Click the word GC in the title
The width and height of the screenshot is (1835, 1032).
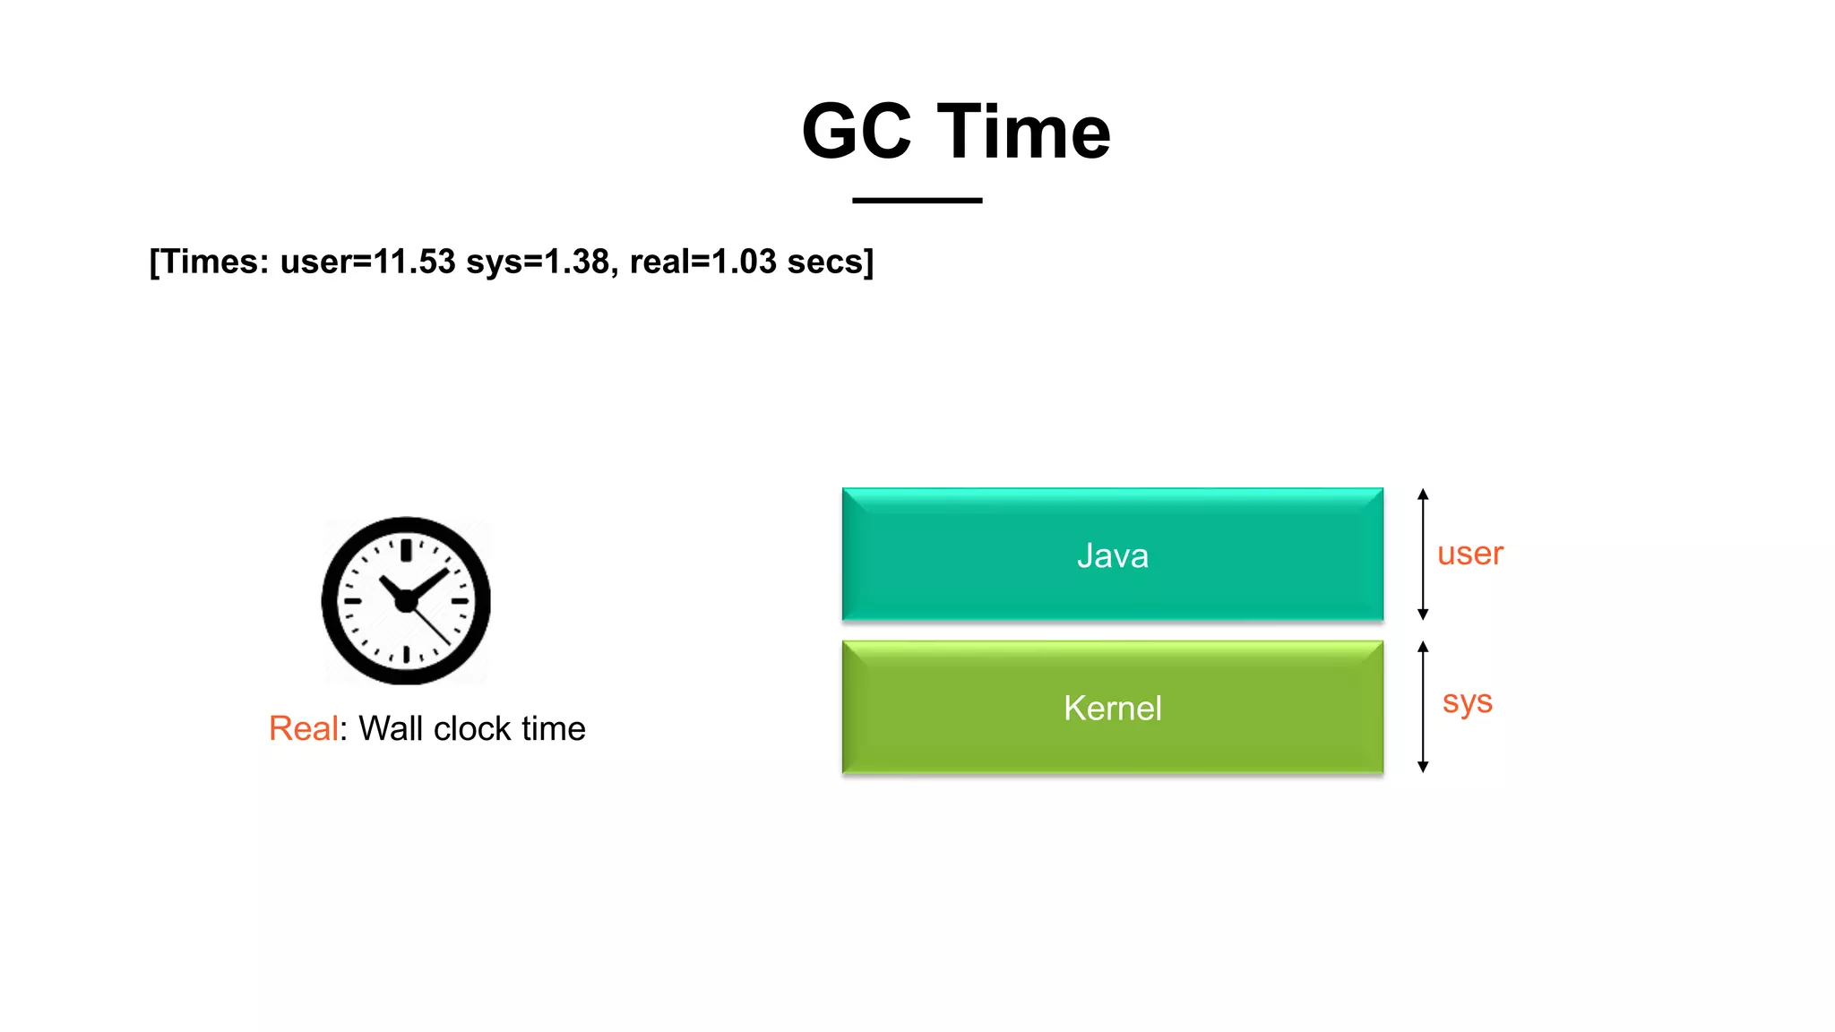(856, 132)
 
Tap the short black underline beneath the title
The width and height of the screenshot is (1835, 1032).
(917, 201)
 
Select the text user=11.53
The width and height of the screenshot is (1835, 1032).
(367, 262)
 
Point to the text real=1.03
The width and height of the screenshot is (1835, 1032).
(702, 262)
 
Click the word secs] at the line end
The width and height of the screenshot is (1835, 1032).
(830, 262)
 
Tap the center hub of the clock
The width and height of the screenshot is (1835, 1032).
(406, 601)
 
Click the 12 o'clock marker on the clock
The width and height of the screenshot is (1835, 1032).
(406, 549)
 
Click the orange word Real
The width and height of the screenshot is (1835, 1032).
(303, 728)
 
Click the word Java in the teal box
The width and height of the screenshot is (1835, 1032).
(1112, 555)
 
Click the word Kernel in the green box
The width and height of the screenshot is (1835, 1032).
(1112, 709)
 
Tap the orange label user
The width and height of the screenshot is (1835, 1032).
(1469, 554)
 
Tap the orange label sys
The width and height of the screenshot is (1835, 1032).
(1467, 701)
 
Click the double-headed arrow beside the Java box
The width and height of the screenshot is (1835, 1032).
(1423, 555)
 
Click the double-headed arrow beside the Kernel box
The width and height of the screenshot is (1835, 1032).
(1423, 707)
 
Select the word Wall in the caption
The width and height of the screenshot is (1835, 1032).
(391, 728)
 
